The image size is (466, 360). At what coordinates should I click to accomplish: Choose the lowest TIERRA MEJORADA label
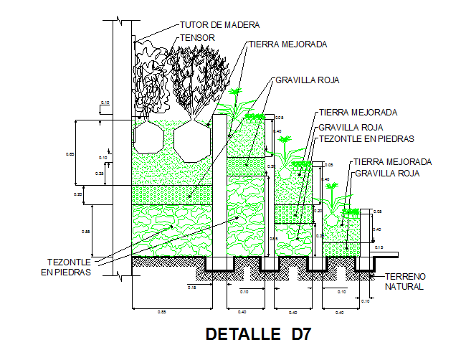pyautogui.click(x=392, y=162)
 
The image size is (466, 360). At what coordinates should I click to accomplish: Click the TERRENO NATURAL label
pyautogui.click(x=405, y=281)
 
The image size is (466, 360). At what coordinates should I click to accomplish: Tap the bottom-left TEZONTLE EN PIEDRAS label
pyautogui.click(x=70, y=267)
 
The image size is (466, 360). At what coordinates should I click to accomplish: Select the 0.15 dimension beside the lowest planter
pyautogui.click(x=378, y=247)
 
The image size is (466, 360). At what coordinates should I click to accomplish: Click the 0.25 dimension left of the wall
pyautogui.click(x=100, y=174)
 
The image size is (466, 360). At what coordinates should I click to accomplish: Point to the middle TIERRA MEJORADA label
pyautogui.click(x=358, y=113)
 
